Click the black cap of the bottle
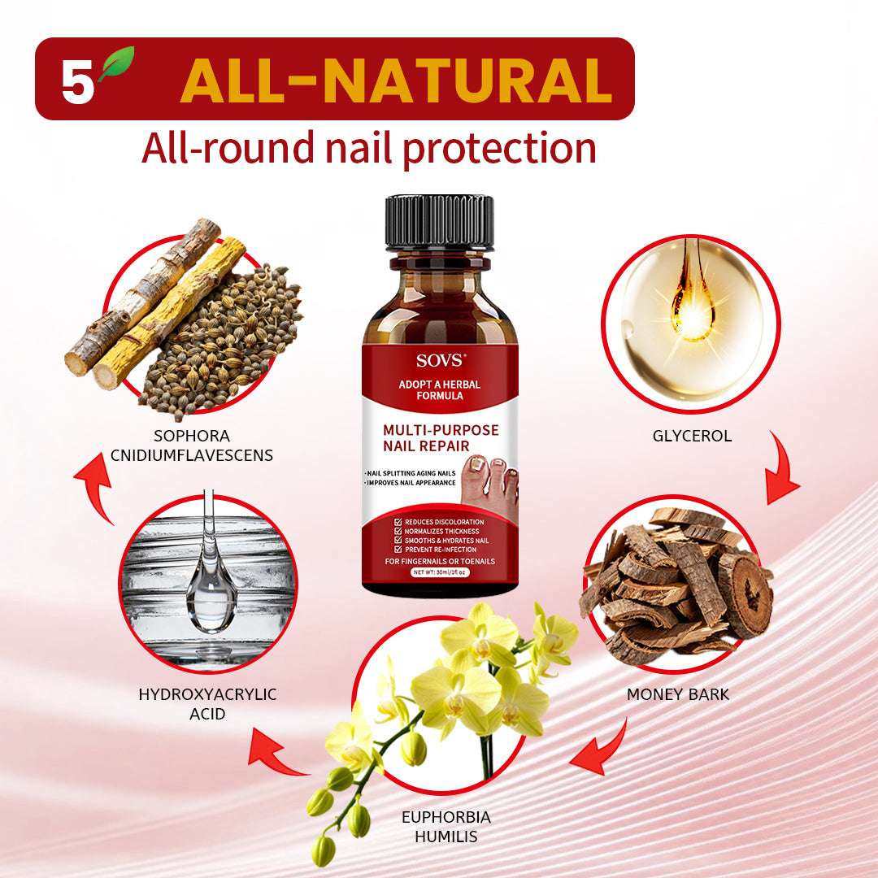[x=440, y=221]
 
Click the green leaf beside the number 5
[x=116, y=64]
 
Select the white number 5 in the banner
[x=77, y=83]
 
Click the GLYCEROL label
[x=692, y=436]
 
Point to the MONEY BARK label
[x=678, y=694]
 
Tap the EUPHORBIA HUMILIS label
[x=446, y=826]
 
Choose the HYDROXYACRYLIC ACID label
[x=207, y=704]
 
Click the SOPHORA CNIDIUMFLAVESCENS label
[x=192, y=446]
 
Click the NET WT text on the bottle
[x=438, y=572]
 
